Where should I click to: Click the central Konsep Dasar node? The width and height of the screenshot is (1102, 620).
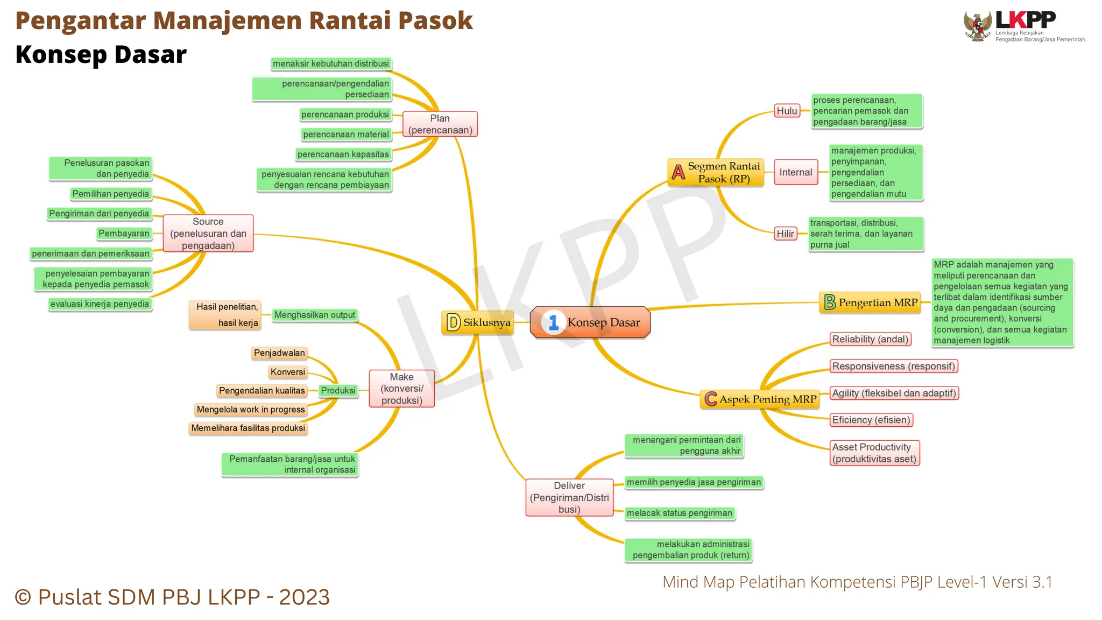coord(590,322)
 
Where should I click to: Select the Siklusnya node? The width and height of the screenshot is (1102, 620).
coord(478,322)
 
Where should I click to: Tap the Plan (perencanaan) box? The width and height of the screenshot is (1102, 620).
coord(440,124)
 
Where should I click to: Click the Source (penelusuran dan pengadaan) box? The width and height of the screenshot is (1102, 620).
coord(208,234)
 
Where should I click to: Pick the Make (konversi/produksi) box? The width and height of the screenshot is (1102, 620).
coord(402,389)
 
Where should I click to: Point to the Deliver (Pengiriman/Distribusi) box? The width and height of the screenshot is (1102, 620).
coord(569,497)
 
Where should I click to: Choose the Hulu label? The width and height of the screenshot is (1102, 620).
coord(787,111)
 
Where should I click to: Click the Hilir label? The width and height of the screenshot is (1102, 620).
coord(785,234)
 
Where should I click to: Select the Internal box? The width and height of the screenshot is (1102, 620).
coord(796,172)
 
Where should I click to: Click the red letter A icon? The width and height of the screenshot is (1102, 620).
coord(679,172)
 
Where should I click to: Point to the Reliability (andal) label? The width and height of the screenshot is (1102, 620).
coord(870,339)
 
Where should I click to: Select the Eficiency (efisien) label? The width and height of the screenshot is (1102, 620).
coord(871,420)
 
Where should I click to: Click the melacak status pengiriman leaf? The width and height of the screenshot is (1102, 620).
coord(680,513)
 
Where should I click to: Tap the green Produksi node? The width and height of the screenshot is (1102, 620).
coord(338,391)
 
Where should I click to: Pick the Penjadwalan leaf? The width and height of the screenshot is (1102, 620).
coord(279,353)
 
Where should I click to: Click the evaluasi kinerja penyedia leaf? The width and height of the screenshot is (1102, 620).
coord(100,304)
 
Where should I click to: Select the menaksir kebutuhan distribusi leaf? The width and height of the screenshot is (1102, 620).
coord(330,64)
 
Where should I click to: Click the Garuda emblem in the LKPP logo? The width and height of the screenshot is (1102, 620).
coord(978,26)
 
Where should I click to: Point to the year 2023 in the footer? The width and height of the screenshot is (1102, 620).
coord(304,597)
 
